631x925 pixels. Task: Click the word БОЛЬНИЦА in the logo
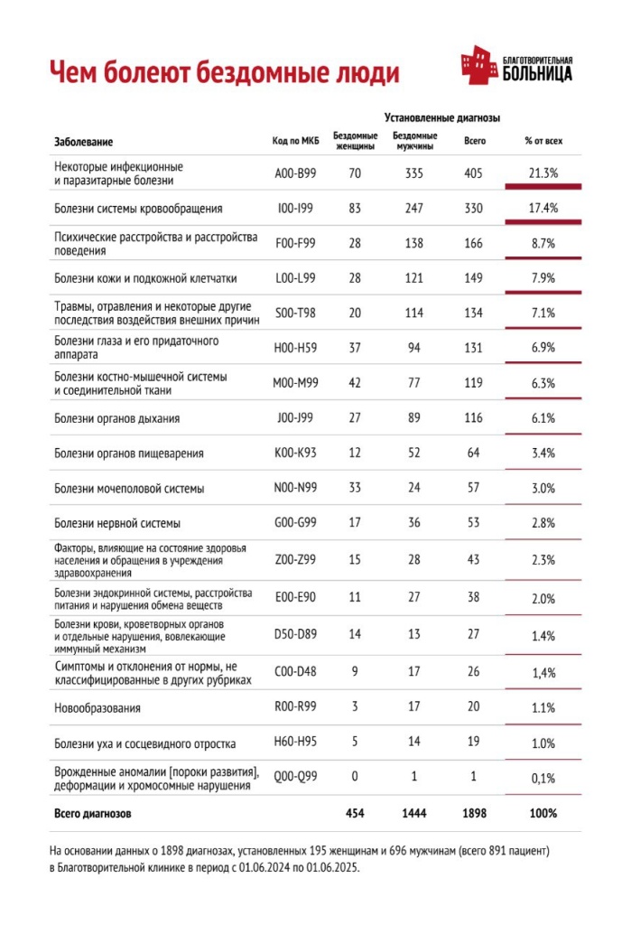536,75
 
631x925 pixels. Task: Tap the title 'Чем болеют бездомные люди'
224,71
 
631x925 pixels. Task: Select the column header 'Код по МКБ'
295,142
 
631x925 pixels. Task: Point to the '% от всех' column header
543,142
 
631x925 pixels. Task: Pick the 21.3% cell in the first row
543,173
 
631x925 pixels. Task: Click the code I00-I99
295,209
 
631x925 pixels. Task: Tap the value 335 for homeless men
414,173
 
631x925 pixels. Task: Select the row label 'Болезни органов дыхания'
116,418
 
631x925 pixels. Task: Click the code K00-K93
295,453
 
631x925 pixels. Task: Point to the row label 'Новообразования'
97,708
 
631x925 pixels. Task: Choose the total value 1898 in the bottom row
474,813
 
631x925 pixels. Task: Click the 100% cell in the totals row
543,813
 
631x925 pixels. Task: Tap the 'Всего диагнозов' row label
93,813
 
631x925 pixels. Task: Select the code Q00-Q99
295,778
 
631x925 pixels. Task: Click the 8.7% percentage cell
543,244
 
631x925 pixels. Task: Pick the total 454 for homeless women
355,813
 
